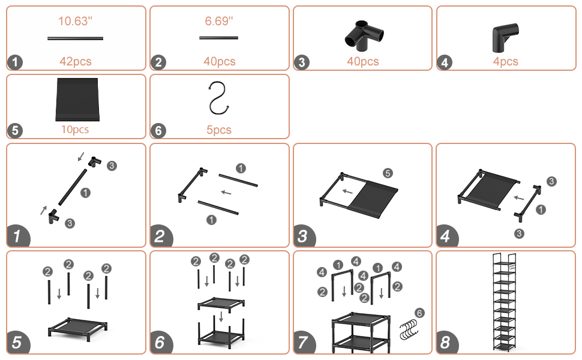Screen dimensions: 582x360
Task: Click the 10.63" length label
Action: (76, 21)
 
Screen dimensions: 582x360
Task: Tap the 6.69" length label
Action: (219, 21)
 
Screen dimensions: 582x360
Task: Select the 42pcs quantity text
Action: (76, 61)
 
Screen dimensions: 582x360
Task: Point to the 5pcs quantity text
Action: (219, 130)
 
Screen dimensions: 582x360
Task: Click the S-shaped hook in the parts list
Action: (218, 99)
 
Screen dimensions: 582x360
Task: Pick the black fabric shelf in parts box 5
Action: (77, 100)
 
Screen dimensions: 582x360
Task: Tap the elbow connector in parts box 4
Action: (505, 37)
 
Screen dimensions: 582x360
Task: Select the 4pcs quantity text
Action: (506, 61)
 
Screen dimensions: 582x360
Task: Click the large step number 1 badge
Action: (17, 236)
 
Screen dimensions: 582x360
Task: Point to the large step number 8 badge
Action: (447, 343)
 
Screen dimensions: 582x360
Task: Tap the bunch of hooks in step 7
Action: (409, 329)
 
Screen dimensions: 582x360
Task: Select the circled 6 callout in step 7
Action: (419, 313)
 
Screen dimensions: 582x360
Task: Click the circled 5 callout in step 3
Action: (388, 173)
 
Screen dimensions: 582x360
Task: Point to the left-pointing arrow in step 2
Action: (226, 192)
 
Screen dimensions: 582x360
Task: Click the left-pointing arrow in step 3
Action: (347, 191)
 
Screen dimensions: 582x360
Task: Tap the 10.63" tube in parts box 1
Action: (76, 38)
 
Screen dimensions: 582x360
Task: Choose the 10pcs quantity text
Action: (75, 130)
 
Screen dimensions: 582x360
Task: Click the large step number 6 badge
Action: (160, 343)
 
